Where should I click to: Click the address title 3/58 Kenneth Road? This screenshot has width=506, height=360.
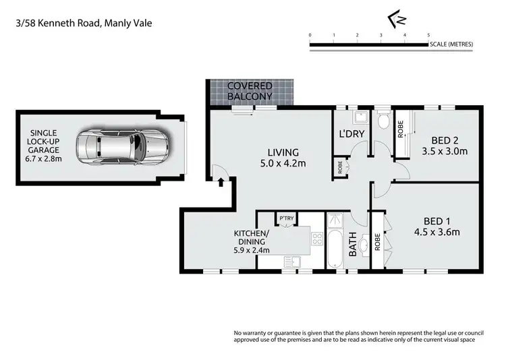tap(84, 23)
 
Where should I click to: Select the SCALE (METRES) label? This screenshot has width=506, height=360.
tap(451, 44)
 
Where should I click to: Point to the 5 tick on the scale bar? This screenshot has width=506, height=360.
tap(428, 34)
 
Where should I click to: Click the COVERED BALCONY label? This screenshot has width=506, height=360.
tap(250, 92)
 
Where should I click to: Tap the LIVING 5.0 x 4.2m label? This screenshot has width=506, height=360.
tap(279, 158)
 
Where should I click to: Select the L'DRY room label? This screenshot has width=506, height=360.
tap(351, 134)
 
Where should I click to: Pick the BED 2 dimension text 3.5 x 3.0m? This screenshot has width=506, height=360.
tap(444, 151)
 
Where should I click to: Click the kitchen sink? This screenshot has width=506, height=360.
tap(292, 260)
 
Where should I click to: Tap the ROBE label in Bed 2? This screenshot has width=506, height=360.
tap(400, 129)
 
